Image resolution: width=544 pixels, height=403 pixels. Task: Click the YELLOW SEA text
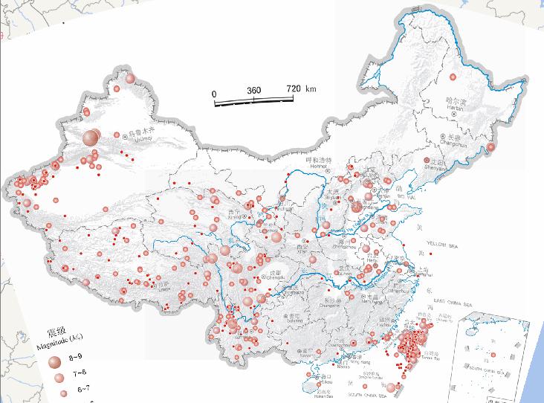coord(445,244)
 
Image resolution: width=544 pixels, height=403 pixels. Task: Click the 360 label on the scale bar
coord(254,90)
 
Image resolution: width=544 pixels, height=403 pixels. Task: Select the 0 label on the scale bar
coord(214,94)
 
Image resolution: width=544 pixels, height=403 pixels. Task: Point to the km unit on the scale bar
coord(311,88)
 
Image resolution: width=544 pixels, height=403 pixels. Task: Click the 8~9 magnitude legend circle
coord(54,361)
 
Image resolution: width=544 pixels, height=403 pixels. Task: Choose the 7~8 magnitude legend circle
coord(59,378)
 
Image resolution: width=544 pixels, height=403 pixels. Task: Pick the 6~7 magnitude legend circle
coord(62,392)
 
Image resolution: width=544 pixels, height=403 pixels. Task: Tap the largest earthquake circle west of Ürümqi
coord(91,138)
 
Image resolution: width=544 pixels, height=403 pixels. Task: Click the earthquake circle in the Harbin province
coord(453,77)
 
